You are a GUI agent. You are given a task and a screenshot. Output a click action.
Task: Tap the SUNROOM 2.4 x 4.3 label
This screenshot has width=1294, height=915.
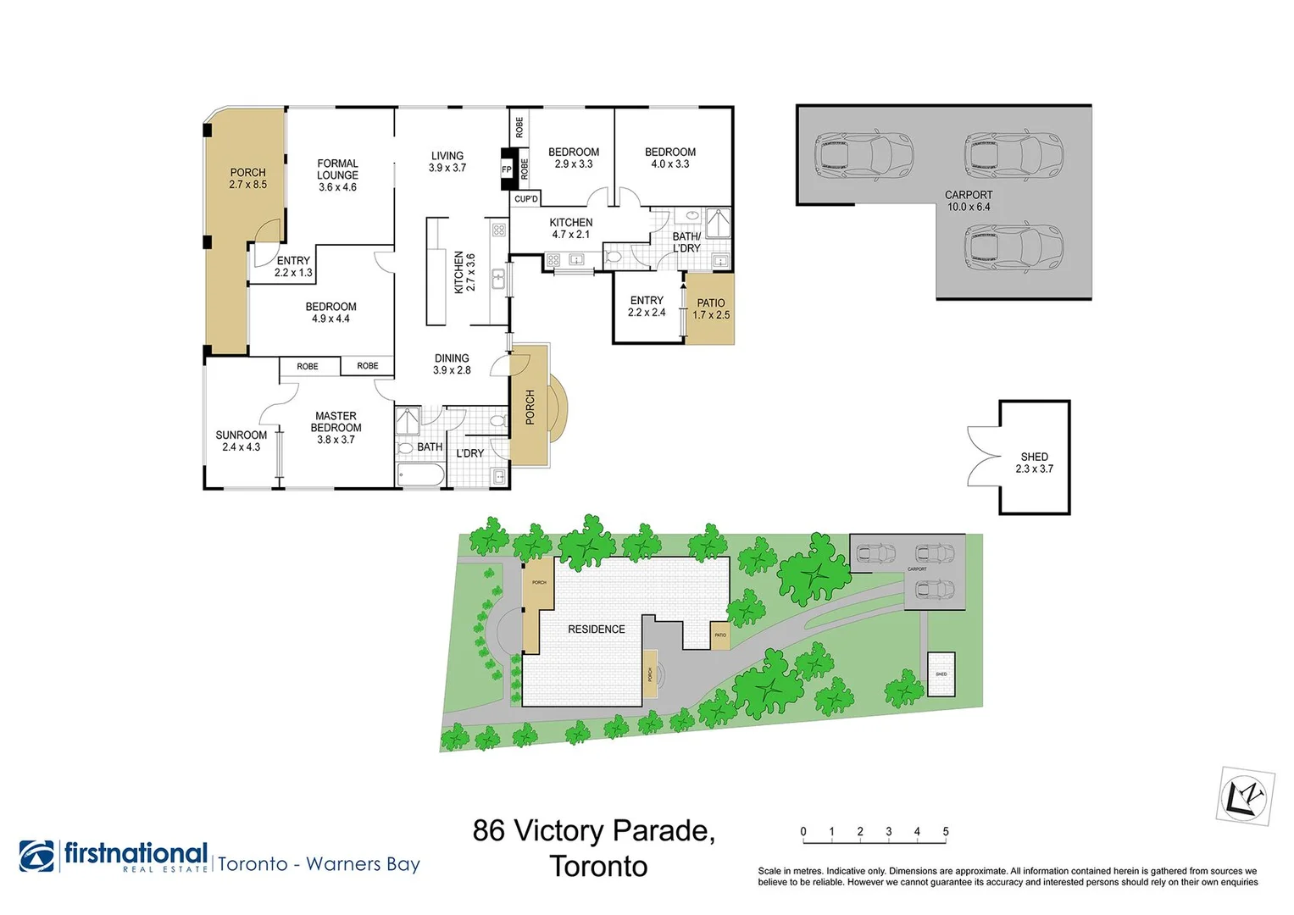(241, 441)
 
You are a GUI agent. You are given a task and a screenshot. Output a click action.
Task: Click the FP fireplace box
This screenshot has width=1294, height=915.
(507, 169)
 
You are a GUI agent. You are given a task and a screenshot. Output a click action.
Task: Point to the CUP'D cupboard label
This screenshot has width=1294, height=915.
(525, 199)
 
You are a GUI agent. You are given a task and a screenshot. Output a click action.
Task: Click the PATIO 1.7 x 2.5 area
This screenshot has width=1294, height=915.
(710, 308)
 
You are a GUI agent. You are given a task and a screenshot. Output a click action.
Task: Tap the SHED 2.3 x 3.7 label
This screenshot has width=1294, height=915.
(1034, 463)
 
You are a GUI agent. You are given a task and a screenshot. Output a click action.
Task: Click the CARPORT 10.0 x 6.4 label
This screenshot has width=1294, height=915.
(968, 201)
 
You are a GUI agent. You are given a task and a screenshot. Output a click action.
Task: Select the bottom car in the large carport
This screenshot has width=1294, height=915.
(1014, 248)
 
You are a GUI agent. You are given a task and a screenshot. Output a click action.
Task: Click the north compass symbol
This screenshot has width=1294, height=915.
(1245, 796)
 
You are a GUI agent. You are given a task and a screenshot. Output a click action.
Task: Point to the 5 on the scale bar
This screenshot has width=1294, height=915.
(946, 832)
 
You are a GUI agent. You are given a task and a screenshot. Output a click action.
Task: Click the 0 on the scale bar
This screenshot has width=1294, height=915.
(803, 832)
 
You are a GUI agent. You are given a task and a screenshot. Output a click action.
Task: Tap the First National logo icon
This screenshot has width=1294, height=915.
(36, 856)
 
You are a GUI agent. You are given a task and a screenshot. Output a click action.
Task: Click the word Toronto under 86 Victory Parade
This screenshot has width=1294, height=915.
(598, 867)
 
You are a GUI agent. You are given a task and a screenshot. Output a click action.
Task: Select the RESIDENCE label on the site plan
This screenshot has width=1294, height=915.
(596, 629)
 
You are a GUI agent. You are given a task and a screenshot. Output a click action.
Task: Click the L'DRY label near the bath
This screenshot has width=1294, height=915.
(469, 453)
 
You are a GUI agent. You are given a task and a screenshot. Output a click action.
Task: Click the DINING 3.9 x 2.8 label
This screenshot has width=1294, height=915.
(452, 364)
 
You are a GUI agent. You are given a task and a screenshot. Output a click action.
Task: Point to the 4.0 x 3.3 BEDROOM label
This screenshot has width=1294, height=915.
(669, 158)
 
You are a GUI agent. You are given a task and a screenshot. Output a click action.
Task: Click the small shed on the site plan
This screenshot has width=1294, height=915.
(941, 674)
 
